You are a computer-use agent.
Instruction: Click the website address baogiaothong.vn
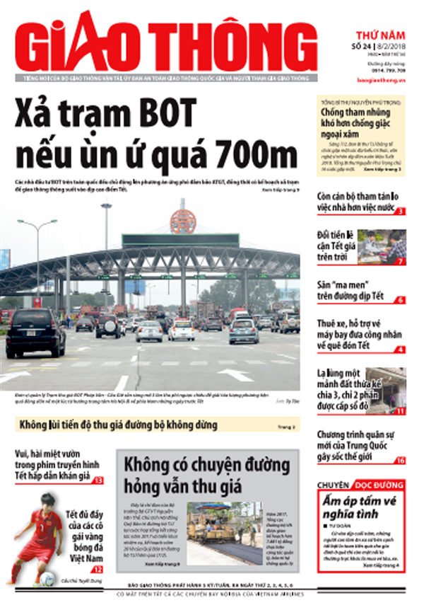click(x=382, y=81)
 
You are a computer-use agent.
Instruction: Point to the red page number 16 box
click(x=400, y=461)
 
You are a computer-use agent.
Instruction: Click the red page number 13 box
click(x=98, y=480)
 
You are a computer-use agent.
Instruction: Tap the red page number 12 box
click(x=98, y=569)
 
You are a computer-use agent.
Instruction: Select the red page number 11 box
click(x=400, y=410)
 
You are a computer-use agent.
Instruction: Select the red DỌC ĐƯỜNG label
click(x=379, y=486)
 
